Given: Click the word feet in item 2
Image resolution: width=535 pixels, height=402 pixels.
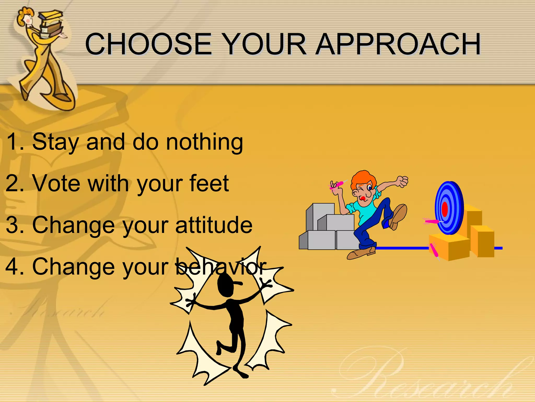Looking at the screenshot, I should tap(209, 183).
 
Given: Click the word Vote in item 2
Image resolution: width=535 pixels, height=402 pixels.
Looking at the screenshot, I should tap(56, 183).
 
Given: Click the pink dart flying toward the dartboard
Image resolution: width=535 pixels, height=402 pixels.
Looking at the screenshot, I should tap(431, 222).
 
